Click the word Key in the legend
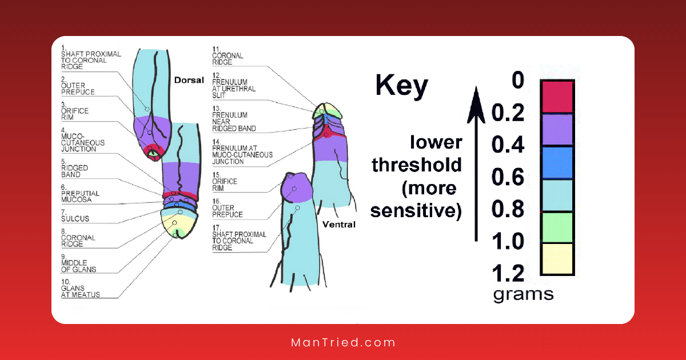click(401, 86)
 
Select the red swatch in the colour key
click(557, 96)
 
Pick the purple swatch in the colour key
click(557, 129)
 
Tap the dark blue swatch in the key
click(557, 162)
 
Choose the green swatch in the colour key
click(557, 227)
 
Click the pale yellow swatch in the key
click(557, 259)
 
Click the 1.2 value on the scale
click(508, 274)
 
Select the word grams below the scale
click(523, 294)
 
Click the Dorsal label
click(189, 80)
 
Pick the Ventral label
click(338, 225)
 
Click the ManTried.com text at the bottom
click(343, 343)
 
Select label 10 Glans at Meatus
click(80, 291)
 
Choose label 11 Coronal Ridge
click(227, 55)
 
